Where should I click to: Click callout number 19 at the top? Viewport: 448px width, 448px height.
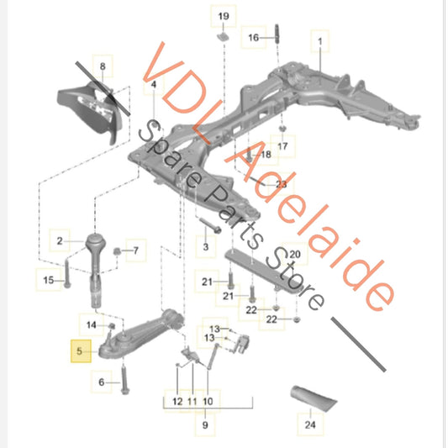pyautogui.click(x=223, y=17)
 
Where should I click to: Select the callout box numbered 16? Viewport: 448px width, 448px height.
pyautogui.click(x=253, y=38)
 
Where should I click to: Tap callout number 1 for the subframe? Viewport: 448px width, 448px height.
pyautogui.click(x=319, y=38)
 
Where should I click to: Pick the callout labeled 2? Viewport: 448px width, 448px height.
pyautogui.click(x=60, y=242)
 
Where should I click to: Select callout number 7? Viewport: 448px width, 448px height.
pyautogui.click(x=136, y=250)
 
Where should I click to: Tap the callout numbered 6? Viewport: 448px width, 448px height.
pyautogui.click(x=103, y=383)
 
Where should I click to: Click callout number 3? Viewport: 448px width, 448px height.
pyautogui.click(x=204, y=245)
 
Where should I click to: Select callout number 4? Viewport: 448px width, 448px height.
pyautogui.click(x=153, y=86)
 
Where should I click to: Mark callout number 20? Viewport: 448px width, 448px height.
pyautogui.click(x=294, y=254)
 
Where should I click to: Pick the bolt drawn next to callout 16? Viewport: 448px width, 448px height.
pyautogui.click(x=275, y=38)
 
